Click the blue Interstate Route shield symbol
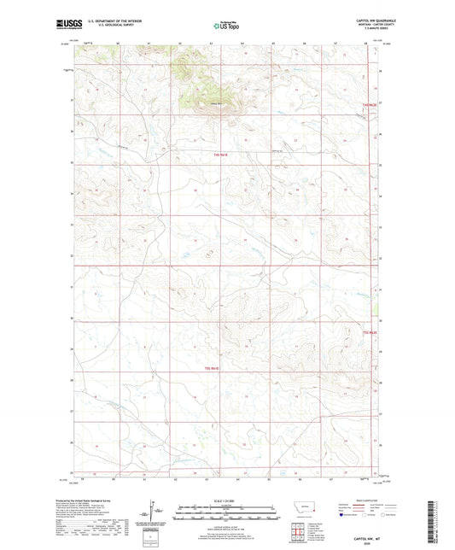click(343, 515)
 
